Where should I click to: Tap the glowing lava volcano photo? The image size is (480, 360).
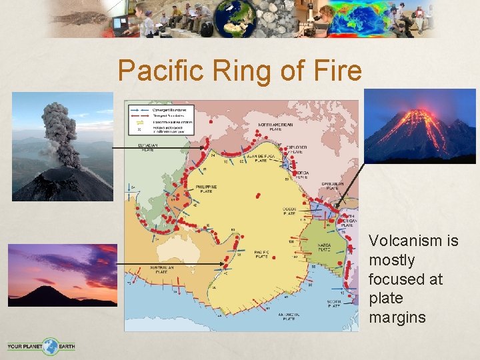420,126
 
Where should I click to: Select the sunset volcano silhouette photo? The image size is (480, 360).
62,275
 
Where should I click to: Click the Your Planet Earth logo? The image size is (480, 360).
41,346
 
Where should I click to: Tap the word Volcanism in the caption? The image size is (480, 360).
413,240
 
